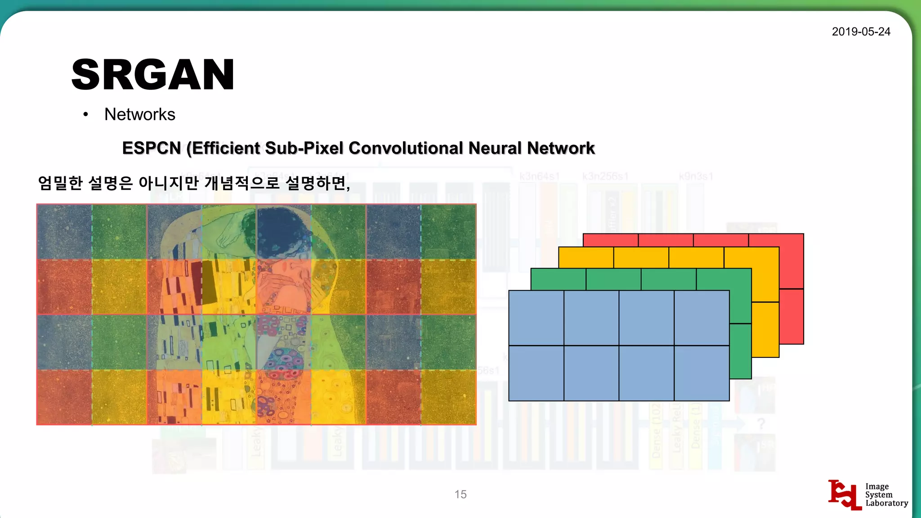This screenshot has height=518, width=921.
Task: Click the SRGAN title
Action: (153, 75)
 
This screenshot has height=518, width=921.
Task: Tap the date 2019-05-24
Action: (861, 31)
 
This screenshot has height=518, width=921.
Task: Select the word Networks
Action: (139, 115)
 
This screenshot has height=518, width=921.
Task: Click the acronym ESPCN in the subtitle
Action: (152, 148)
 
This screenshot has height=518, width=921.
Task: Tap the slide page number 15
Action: (460, 494)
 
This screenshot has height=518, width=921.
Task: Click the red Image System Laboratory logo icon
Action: (844, 495)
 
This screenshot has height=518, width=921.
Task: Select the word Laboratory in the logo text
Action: (886, 503)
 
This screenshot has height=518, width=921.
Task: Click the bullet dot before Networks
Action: (85, 115)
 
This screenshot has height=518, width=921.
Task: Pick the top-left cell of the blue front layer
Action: (536, 318)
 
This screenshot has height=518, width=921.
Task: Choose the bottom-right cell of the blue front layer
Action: (702, 373)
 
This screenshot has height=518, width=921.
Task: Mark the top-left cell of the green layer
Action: (558, 279)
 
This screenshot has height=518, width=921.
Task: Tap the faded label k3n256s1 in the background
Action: (605, 176)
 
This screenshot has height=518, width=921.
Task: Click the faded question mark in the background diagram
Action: (760, 424)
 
